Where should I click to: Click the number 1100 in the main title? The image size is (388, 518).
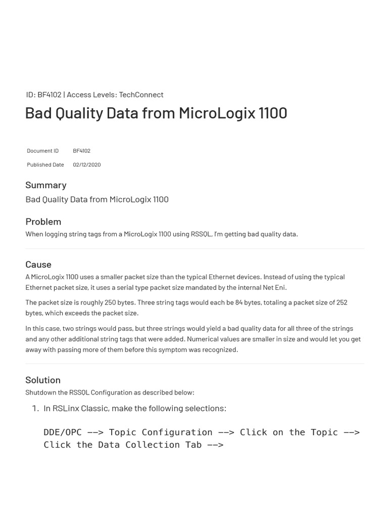pyautogui.click(x=273, y=113)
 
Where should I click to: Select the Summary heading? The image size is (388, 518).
pyautogui.click(x=46, y=185)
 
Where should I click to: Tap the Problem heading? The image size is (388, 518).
pyautogui.click(x=43, y=222)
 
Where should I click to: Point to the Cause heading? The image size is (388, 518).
pyautogui.click(x=38, y=265)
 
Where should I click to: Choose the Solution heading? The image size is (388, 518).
pyautogui.click(x=43, y=380)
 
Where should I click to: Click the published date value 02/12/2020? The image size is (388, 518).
pyautogui.click(x=86, y=164)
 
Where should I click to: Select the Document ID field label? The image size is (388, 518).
pyautogui.click(x=43, y=151)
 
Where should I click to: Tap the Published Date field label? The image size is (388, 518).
pyautogui.click(x=45, y=164)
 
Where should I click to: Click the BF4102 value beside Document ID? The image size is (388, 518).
pyautogui.click(x=81, y=151)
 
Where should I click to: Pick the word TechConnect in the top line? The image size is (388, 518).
pyautogui.click(x=141, y=95)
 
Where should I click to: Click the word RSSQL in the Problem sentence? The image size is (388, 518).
pyautogui.click(x=201, y=234)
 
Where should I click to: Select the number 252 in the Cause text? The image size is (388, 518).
pyautogui.click(x=342, y=303)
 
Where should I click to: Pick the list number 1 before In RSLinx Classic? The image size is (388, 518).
pyautogui.click(x=35, y=408)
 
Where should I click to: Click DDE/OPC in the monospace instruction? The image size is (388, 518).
pyautogui.click(x=63, y=432)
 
